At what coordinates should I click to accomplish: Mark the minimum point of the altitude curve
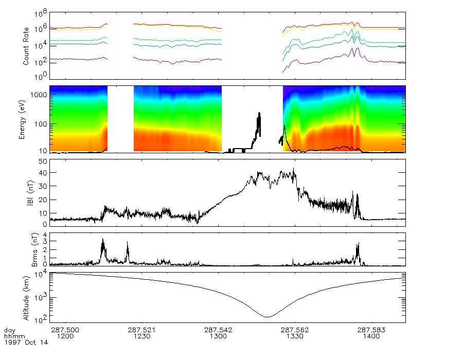[x=266, y=316]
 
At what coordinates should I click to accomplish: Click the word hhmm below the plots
[x=12, y=336]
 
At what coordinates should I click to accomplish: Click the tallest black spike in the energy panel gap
[x=259, y=114]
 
